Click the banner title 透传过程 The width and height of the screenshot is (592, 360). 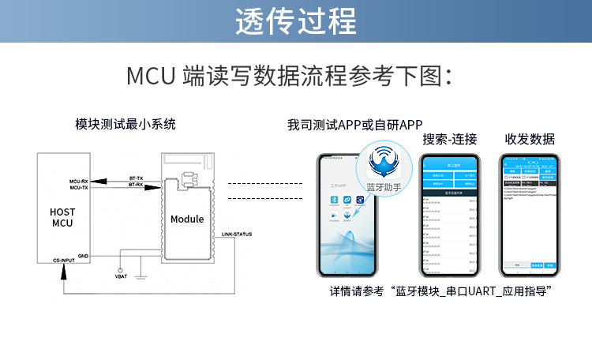click(x=295, y=21)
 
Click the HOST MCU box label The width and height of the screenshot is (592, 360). click(x=62, y=218)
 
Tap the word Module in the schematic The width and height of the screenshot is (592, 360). click(x=187, y=219)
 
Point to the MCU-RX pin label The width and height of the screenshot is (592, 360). click(x=79, y=181)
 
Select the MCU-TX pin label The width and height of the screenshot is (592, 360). click(x=79, y=188)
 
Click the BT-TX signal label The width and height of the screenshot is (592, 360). click(x=136, y=179)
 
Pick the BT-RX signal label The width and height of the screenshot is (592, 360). click(x=136, y=186)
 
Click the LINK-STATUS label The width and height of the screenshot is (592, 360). click(x=238, y=234)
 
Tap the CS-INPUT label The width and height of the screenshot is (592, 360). click(x=64, y=261)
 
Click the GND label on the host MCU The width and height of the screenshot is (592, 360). click(x=83, y=256)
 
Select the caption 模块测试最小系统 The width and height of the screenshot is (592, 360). click(x=126, y=124)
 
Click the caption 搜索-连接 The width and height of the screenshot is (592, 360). click(x=449, y=140)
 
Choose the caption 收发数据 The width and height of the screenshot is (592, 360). click(x=530, y=140)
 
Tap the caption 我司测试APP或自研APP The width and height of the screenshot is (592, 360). click(x=355, y=125)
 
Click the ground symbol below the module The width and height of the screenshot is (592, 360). click(x=140, y=276)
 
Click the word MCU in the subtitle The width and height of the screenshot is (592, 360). click(x=151, y=77)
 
